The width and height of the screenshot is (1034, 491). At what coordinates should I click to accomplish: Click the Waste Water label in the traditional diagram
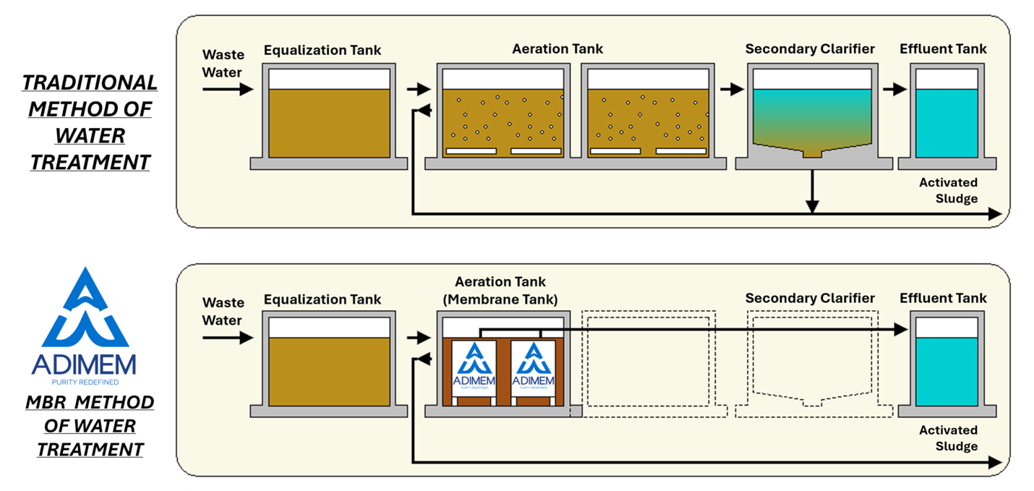point(223,63)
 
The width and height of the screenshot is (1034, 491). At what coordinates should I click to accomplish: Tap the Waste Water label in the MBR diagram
point(223,311)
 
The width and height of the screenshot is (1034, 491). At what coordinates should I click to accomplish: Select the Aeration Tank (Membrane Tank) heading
point(500,290)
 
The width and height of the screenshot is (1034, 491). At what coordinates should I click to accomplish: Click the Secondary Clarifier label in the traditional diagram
point(810,49)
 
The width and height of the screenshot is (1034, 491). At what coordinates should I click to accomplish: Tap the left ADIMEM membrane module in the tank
point(474,367)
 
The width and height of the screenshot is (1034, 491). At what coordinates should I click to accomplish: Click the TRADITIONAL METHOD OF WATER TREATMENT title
point(90,121)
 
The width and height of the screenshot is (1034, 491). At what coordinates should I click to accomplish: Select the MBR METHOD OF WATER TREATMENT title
point(90,426)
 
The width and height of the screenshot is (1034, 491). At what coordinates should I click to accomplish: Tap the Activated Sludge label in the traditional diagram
point(948,191)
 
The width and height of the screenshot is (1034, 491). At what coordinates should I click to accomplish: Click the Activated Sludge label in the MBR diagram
point(948,438)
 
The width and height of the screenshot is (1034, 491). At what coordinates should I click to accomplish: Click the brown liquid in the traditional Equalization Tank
point(329,123)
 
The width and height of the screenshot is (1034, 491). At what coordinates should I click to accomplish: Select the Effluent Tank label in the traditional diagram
point(943,49)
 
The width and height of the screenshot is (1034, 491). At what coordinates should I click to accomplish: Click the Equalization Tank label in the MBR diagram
point(322,299)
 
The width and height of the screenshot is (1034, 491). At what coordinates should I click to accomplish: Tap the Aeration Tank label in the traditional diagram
point(557,49)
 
